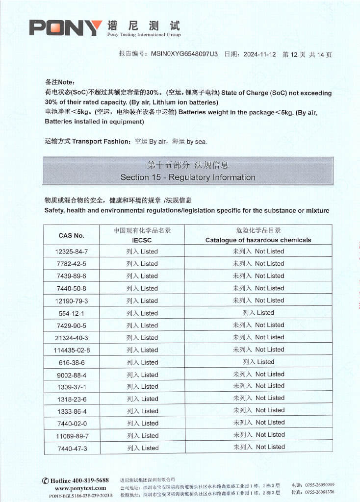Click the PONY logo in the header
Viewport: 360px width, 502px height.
66,27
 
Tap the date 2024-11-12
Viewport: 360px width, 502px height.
259,54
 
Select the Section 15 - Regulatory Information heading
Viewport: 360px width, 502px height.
188,177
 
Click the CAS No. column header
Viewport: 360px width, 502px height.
72,235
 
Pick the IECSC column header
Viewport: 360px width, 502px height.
142,240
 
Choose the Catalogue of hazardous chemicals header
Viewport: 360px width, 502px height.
258,240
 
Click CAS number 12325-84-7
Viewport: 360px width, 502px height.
72,251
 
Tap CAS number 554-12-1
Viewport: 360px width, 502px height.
72,313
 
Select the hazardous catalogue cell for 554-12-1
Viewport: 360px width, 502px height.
258,313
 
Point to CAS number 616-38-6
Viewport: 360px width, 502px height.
72,362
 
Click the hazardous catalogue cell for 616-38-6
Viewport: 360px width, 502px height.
258,362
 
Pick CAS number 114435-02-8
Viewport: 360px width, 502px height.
72,350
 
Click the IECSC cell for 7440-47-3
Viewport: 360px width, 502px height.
142,448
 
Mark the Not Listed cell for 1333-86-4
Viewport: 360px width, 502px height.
258,411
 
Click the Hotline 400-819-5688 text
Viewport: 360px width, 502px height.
76,480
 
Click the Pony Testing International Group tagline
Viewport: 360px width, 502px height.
144,35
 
